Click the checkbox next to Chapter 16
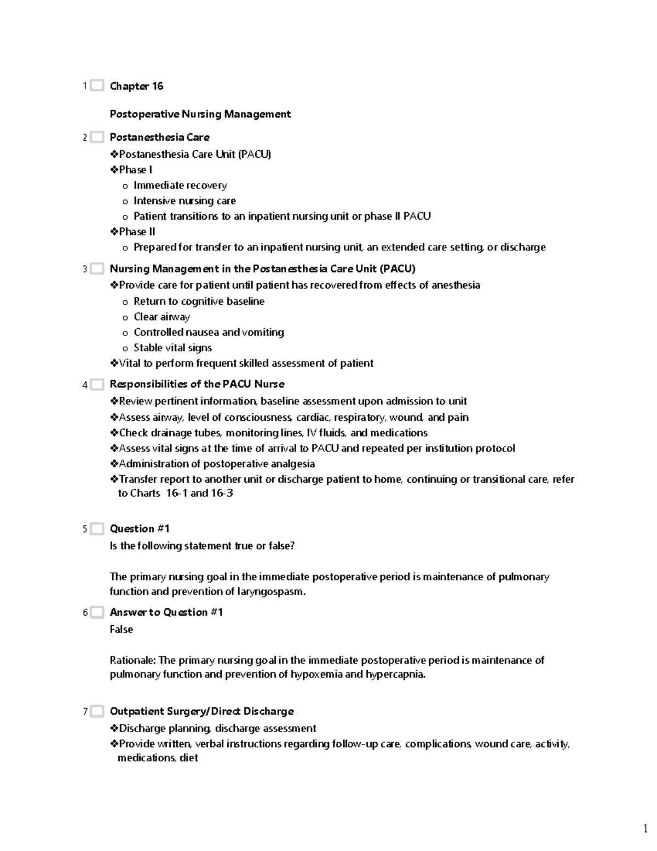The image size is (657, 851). click(x=97, y=85)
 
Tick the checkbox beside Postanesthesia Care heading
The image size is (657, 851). click(x=97, y=137)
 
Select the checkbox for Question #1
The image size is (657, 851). click(x=97, y=529)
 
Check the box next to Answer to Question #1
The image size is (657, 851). click(x=97, y=612)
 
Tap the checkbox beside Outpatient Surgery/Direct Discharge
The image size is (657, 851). click(x=97, y=711)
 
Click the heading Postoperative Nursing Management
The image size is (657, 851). click(x=200, y=114)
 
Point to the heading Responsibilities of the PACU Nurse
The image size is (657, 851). click(x=197, y=384)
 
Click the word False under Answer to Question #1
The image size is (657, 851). click(x=121, y=629)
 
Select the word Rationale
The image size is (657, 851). click(x=132, y=660)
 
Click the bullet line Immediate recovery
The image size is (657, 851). click(x=180, y=185)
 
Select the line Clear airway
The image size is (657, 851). click(x=162, y=317)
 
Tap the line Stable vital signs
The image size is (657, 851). click(x=172, y=347)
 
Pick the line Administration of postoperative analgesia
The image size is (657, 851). click(x=216, y=464)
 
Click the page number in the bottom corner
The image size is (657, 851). click(x=646, y=827)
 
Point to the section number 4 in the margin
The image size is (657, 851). click(x=85, y=385)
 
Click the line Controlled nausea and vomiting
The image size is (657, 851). click(x=209, y=332)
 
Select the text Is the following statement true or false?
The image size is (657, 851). click(x=202, y=546)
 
